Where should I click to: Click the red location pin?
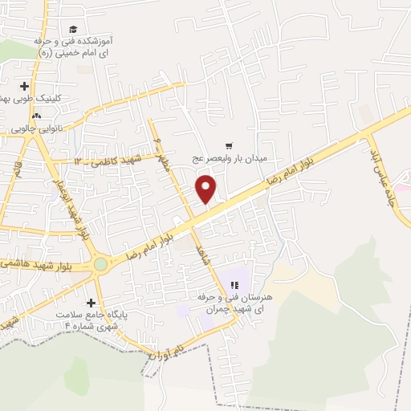pos(206,189)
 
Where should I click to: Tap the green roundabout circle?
pos(100,263)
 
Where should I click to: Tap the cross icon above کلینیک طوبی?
pos(25,86)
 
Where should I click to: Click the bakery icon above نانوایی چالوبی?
pos(37,116)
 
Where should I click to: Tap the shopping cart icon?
pos(230,146)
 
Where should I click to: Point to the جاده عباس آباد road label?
pos(386,171)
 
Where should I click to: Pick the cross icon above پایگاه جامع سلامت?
pos(91,303)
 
